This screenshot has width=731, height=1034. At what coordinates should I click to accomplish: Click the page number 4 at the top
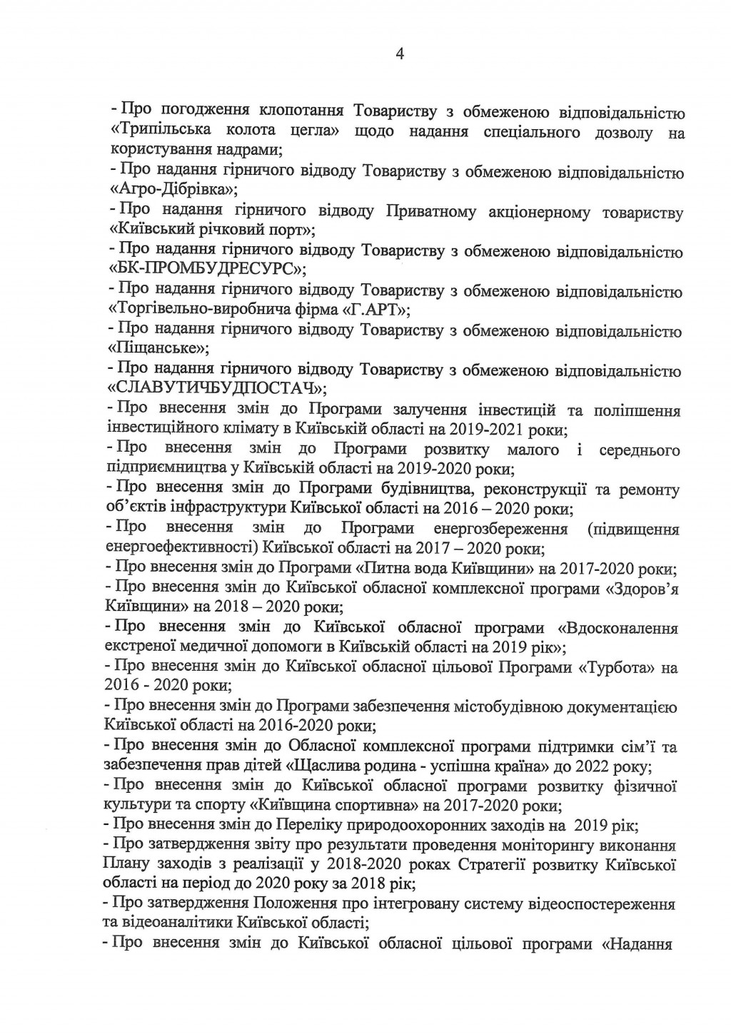(399, 54)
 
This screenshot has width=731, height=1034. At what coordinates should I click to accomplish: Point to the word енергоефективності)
(179, 549)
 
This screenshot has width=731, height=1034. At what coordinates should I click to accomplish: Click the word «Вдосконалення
(617, 628)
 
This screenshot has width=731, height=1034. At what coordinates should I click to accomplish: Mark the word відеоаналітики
(180, 922)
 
